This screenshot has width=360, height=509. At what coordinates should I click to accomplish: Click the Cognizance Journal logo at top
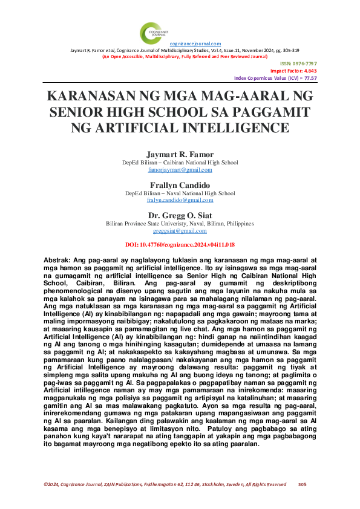pos(152,32)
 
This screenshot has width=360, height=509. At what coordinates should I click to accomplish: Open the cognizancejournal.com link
pos(195,44)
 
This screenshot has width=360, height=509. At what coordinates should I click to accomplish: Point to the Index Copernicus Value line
pos(275,78)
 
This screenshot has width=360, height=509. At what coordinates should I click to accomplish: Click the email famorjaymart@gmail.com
pos(180,170)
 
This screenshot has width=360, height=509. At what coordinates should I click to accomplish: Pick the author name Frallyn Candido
pos(180,184)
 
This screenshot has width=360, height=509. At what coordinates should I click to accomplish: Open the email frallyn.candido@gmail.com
pos(180,200)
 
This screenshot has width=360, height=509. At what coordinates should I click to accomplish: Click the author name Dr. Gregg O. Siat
pos(180,215)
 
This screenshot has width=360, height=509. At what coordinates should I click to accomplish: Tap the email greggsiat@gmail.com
pos(180,231)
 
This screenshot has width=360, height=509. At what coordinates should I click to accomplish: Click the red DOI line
pos(180,244)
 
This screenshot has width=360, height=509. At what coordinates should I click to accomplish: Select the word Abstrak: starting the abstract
pos(60,259)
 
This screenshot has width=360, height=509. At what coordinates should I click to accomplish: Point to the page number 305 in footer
pos(303,484)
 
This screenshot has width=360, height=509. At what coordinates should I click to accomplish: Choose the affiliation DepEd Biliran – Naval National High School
pos(180,193)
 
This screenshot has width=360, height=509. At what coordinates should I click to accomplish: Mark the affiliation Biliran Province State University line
pos(180,224)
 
